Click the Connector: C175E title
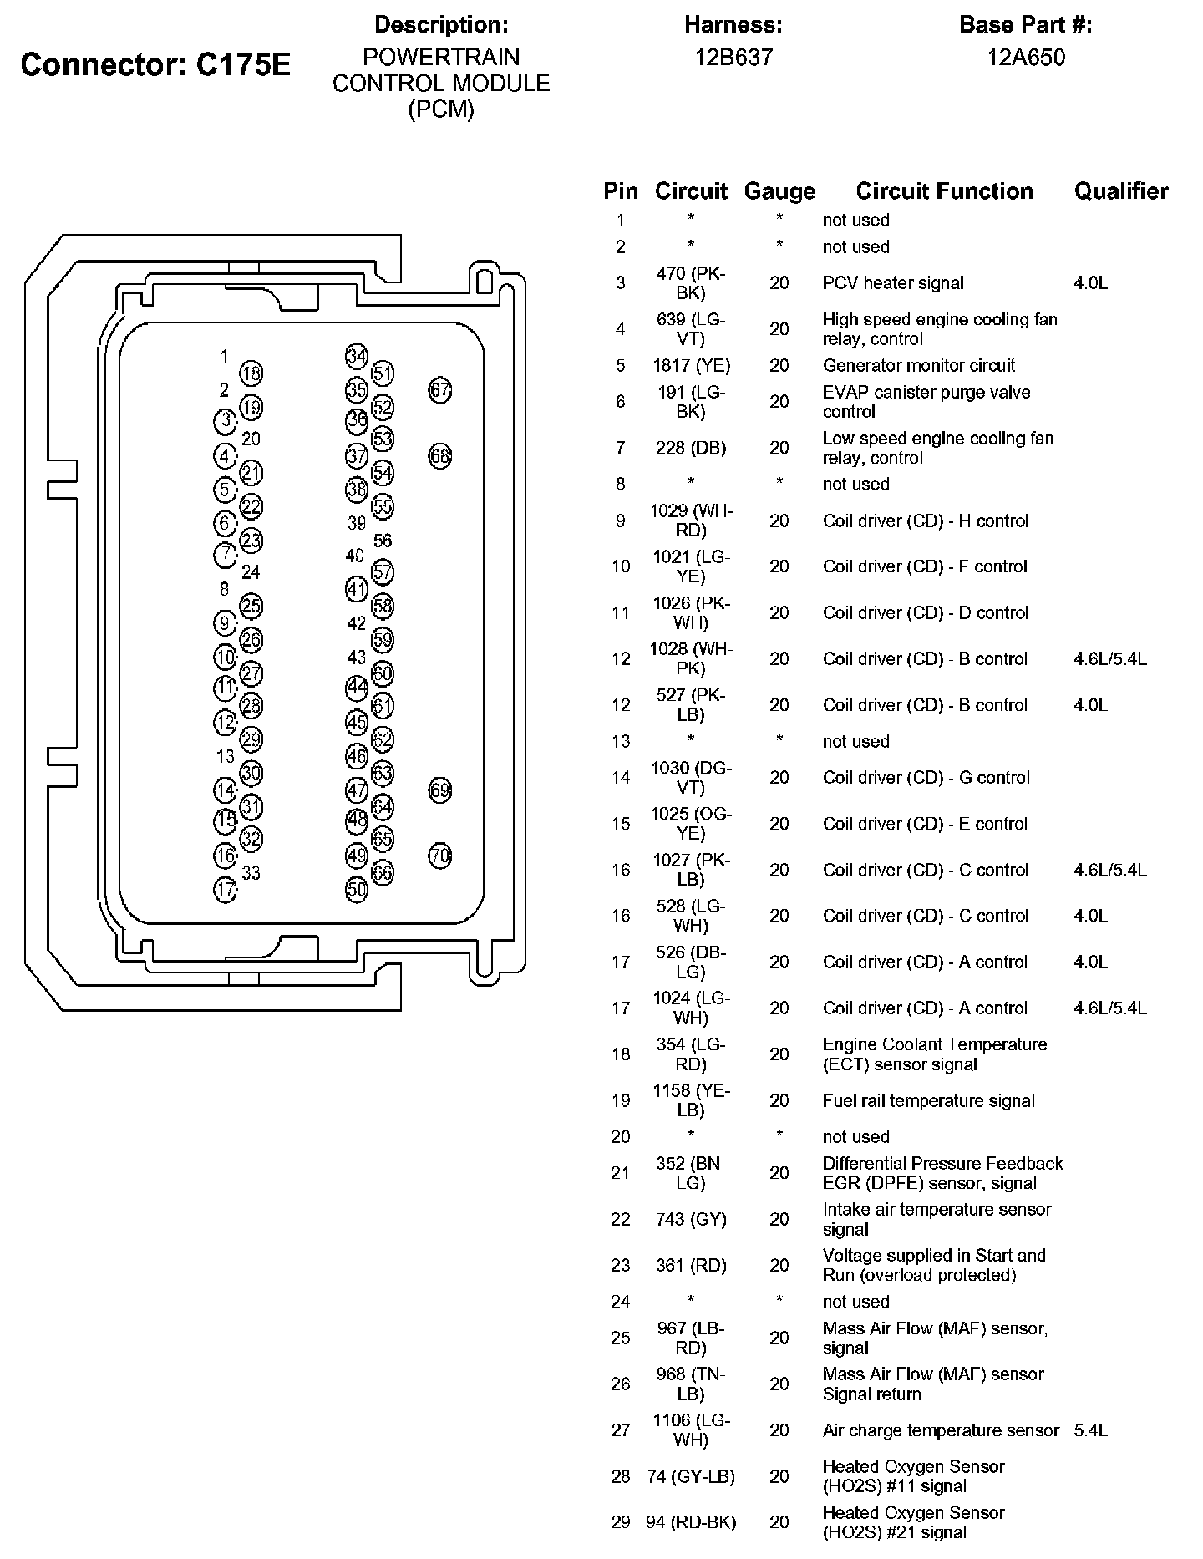pos(155,64)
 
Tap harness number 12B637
pos(733,57)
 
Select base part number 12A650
pos(1025,57)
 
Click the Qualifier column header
pos(1120,191)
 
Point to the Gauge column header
pos(779,191)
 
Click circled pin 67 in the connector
pos(440,389)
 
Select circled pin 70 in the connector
pos(440,856)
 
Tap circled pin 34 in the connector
pos(357,356)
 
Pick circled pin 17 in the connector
pos(226,890)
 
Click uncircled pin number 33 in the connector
pos(251,873)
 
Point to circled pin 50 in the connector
pos(357,890)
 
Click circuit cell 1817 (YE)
pos(691,365)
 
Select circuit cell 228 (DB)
pos(691,448)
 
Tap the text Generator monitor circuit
pos(918,365)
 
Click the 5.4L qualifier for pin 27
pos(1090,1430)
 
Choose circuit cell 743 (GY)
pos(691,1220)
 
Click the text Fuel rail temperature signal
pos(928,1101)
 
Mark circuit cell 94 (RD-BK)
pos(691,1522)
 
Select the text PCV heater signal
pos(892,283)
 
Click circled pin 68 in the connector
pos(440,456)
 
